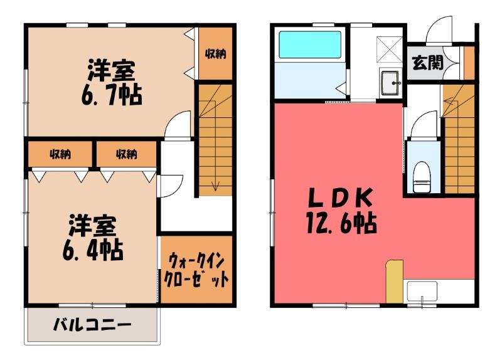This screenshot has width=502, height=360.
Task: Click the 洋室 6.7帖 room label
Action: (x=112, y=83)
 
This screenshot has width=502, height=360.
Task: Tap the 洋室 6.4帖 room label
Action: (x=93, y=238)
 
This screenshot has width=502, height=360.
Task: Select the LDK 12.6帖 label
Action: (x=341, y=211)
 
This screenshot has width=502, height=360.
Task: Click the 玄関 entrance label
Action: (x=427, y=62)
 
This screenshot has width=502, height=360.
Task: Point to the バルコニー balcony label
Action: (x=92, y=326)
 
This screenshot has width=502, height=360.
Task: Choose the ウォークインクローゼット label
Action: (x=196, y=270)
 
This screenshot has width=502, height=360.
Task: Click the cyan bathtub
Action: (x=309, y=44)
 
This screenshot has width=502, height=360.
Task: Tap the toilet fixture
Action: (x=421, y=177)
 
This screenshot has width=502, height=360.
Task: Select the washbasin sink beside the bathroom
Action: (x=390, y=83)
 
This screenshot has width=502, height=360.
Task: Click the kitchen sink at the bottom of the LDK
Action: (x=422, y=291)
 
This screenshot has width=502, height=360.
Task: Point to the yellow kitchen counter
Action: (x=394, y=282)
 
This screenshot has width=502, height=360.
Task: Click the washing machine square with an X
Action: (x=388, y=50)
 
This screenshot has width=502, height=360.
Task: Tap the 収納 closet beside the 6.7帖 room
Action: (x=215, y=53)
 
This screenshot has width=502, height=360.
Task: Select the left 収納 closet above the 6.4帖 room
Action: (x=60, y=154)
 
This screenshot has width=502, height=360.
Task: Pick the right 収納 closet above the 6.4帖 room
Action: (x=127, y=154)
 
